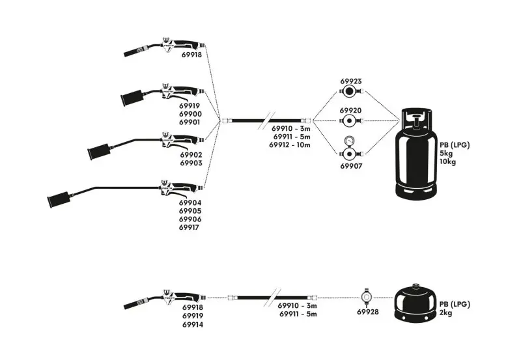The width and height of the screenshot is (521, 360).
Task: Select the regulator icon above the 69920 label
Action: tap(350, 121)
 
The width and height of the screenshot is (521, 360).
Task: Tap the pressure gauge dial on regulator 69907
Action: tap(350, 140)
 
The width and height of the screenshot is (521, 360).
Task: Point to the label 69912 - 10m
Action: tap(290, 145)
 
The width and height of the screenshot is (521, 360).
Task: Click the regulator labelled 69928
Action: tap(367, 297)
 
